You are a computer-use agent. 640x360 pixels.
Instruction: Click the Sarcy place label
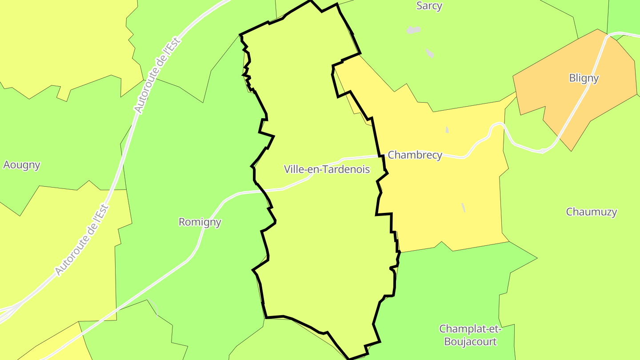(x=429, y=6)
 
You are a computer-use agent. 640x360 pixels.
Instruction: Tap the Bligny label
(x=584, y=78)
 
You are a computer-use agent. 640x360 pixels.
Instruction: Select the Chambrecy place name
(x=415, y=155)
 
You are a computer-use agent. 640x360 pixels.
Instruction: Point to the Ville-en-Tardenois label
(x=327, y=169)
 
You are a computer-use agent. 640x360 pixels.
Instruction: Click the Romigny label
(x=200, y=222)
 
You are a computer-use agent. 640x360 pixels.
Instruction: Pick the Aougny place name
(x=22, y=165)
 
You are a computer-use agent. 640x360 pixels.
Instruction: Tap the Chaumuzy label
(x=591, y=212)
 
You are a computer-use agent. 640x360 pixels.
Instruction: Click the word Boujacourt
(x=470, y=342)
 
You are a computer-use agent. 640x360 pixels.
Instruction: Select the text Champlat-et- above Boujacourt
(x=470, y=329)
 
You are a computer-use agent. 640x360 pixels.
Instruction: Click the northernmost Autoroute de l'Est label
(x=158, y=76)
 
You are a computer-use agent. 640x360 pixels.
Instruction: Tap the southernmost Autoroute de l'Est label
(x=82, y=240)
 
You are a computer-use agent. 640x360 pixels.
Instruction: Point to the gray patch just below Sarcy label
(x=413, y=30)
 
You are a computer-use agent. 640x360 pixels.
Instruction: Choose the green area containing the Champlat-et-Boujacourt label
(x=444, y=289)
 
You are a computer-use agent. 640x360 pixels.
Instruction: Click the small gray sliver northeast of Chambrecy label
(x=447, y=130)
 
